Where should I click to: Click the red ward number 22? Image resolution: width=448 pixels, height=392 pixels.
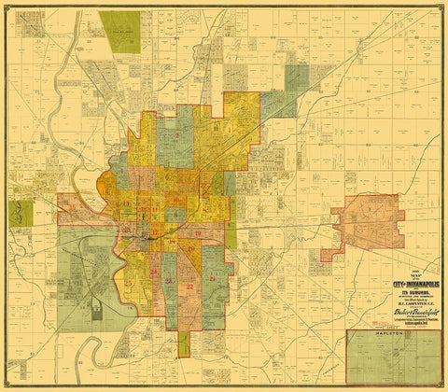tap(189, 287)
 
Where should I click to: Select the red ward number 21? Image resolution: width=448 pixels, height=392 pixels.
tap(214, 279)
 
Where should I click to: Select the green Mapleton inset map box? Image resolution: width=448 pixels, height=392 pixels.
tap(391, 358)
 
